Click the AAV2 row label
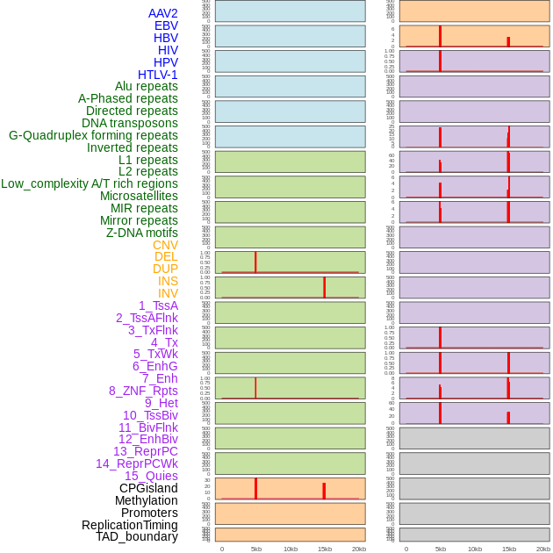[x=162, y=13]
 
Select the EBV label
[x=166, y=25]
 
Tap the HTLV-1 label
[x=157, y=75]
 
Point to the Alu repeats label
[x=147, y=86]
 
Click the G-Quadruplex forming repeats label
[x=93, y=135]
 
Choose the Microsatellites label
[x=139, y=196]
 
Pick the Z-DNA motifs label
[x=142, y=233]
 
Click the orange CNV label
[x=165, y=245]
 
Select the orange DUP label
[x=165, y=269]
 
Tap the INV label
[x=168, y=293]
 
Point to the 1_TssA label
[x=158, y=305]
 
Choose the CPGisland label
[x=148, y=488]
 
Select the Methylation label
[x=147, y=500]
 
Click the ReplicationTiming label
[x=130, y=525]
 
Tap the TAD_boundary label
[x=137, y=536]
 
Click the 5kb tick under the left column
[x=256, y=549]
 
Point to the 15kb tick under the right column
[x=509, y=549]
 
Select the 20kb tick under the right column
[x=543, y=549]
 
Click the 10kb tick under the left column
[x=290, y=549]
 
